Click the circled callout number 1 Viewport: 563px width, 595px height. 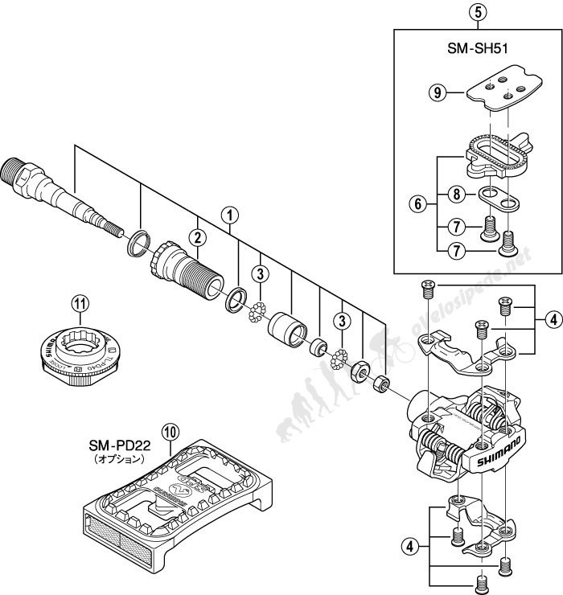(231, 215)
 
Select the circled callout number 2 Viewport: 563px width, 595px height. (195, 236)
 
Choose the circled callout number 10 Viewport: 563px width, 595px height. (169, 431)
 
